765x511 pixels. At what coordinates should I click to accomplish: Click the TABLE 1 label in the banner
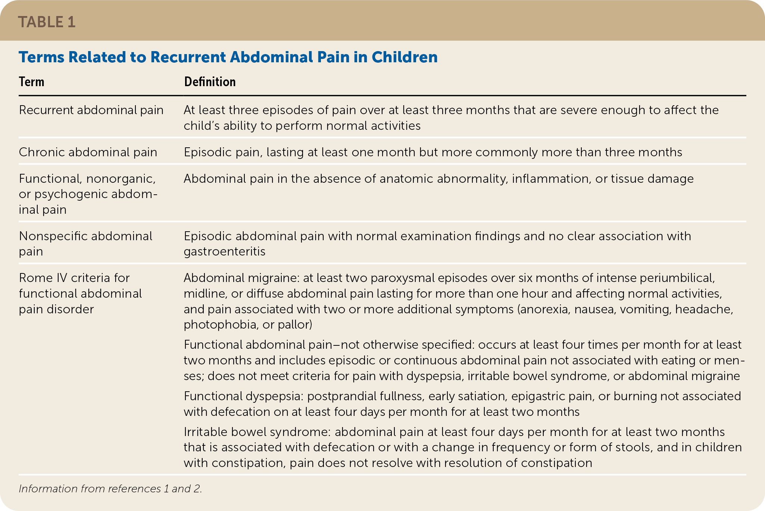(x=47, y=22)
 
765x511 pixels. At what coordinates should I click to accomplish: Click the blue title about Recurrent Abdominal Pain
(x=228, y=57)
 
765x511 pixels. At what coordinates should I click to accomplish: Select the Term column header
(x=32, y=82)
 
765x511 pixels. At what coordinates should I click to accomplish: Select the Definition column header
(x=210, y=82)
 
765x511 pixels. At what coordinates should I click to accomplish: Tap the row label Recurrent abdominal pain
(x=91, y=110)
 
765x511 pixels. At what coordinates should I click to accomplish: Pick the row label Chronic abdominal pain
(x=88, y=152)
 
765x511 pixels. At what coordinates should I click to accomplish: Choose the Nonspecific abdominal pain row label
(x=85, y=244)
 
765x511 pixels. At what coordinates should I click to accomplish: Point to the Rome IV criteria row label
(x=80, y=294)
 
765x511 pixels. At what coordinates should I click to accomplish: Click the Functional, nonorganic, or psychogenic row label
(x=88, y=194)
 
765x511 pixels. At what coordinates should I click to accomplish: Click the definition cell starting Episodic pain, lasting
(x=433, y=152)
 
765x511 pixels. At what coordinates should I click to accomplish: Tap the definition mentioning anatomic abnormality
(x=438, y=179)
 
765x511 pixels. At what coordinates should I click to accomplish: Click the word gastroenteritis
(x=224, y=251)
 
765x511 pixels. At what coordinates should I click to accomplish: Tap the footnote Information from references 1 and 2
(x=110, y=489)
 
